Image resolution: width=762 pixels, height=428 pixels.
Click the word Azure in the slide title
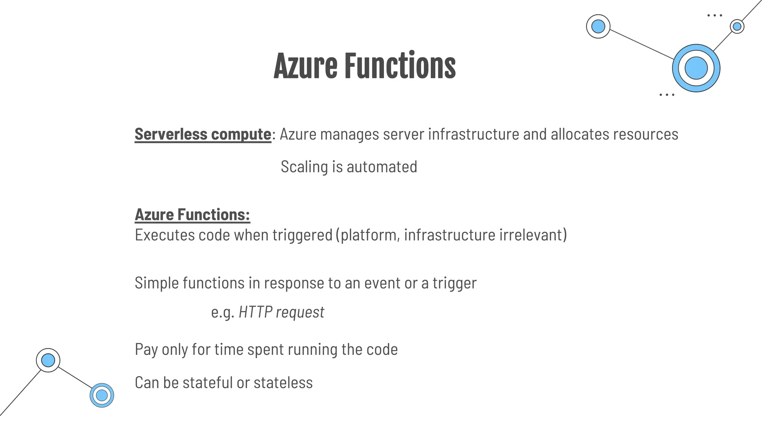click(305, 66)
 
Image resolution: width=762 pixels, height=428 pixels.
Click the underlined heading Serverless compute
click(203, 134)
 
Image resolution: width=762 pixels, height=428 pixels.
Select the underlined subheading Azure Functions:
click(192, 215)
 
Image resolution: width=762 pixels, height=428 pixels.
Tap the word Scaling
click(304, 166)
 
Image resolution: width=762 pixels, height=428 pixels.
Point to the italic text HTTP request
click(281, 312)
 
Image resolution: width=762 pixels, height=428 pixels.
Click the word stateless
click(283, 383)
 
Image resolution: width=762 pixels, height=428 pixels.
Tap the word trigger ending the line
click(454, 283)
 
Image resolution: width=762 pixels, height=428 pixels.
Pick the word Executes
click(164, 235)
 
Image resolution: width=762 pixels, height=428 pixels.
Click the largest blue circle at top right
click(696, 68)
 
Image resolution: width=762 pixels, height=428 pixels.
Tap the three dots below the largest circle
click(666, 95)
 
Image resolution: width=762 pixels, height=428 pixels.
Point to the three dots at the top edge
click(714, 16)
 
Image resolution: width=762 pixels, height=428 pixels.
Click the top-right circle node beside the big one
click(737, 27)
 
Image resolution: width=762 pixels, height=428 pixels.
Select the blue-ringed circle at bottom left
click(102, 395)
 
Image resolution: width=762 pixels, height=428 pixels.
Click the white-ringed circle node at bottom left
click(48, 360)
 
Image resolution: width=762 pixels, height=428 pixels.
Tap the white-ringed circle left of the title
click(598, 26)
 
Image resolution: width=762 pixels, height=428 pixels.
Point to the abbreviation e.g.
click(222, 312)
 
